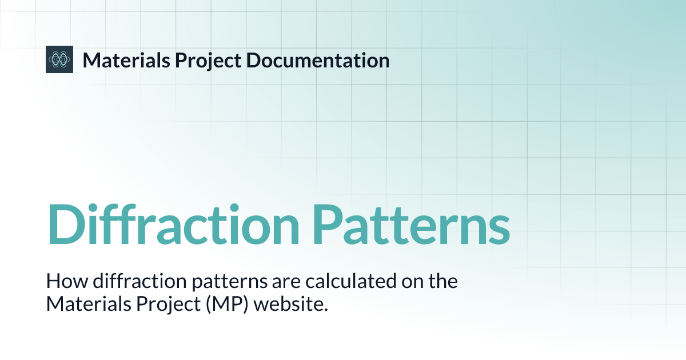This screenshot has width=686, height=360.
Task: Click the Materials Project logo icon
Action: pos(59,59)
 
